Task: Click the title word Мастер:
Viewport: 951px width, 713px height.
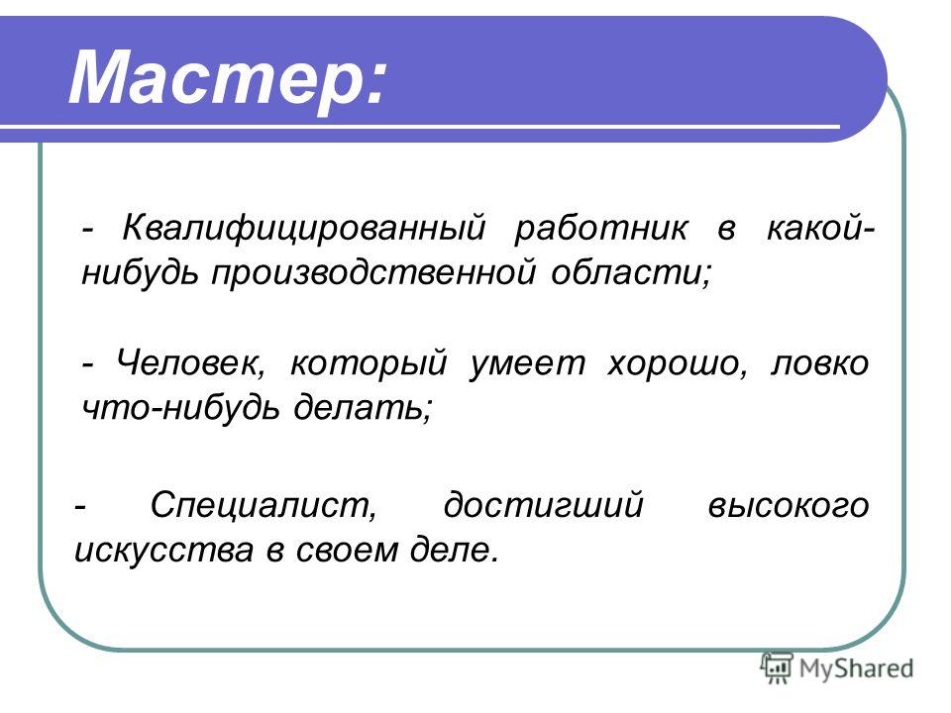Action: tap(227, 77)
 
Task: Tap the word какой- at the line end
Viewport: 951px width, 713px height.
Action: tap(820, 229)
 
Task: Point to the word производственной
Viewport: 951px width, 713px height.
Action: tap(373, 273)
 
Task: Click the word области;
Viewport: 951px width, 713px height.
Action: tap(631, 272)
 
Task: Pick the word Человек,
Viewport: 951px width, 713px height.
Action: tap(190, 362)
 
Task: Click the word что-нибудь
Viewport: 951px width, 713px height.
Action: tap(180, 406)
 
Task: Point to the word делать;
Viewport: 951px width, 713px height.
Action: tap(363, 406)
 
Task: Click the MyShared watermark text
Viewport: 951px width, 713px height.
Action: tap(856, 669)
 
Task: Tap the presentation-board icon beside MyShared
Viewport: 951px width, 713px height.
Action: tap(778, 667)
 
